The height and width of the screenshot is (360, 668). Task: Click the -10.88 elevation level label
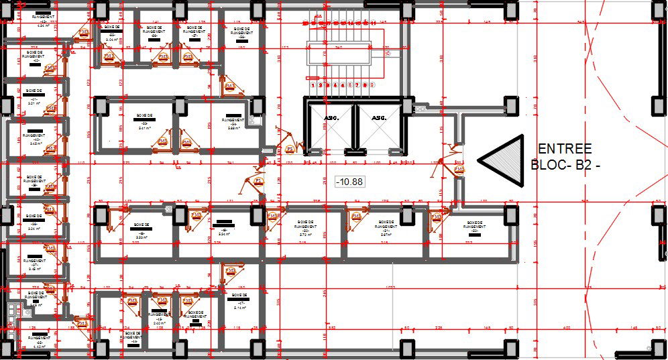click(x=349, y=181)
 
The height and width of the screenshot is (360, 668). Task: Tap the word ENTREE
click(x=565, y=149)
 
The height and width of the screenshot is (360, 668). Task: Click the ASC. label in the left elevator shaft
click(x=331, y=118)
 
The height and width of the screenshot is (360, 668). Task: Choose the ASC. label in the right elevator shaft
click(x=380, y=118)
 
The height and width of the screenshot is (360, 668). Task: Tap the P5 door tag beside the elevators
click(x=290, y=149)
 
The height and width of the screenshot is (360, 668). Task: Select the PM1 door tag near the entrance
click(x=459, y=170)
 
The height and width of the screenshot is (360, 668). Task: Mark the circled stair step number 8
click(x=365, y=85)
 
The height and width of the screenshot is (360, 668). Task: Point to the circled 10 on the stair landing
click(x=387, y=52)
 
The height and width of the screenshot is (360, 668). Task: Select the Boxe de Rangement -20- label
click(x=305, y=228)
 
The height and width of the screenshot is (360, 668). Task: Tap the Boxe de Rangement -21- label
click(x=386, y=228)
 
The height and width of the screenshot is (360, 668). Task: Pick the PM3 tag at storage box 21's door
click(x=356, y=217)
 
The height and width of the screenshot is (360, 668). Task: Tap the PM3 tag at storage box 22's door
click(x=437, y=217)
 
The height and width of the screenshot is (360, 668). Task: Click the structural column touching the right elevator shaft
click(x=408, y=106)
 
